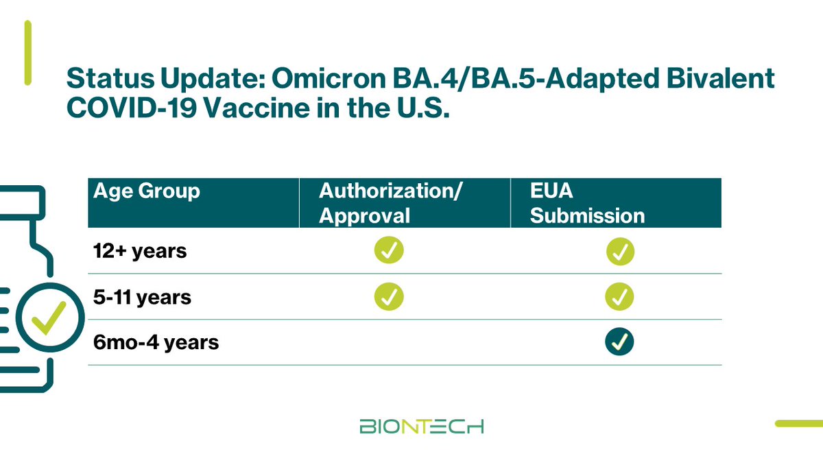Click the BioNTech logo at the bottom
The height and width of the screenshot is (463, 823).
coord(421,426)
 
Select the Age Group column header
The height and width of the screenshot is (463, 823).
coord(146,191)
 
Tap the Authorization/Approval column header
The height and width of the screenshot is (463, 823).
coord(390,203)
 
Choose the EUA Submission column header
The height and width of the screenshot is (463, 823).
coord(587,203)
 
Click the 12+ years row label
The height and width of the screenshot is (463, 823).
coord(140,251)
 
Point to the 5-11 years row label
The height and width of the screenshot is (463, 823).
coord(142,298)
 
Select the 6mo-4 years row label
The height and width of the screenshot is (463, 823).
coord(156,342)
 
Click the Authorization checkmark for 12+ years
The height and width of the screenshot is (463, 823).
coord(389,251)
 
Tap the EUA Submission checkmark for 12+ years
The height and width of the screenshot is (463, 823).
coord(620,252)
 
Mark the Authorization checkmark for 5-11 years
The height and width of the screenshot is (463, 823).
coord(389,297)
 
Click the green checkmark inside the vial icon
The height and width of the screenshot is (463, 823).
coord(49,318)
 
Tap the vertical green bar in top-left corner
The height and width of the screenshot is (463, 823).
coord(28,53)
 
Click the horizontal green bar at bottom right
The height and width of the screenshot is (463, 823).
coord(798,424)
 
